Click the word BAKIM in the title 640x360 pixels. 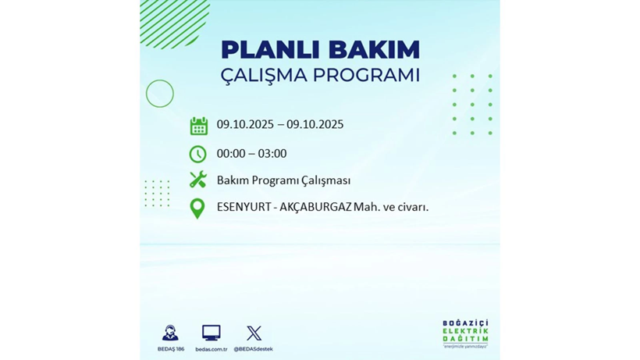(374, 49)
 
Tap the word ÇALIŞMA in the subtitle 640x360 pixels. (265, 76)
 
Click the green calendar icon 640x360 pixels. (198, 126)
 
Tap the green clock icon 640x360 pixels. (198, 154)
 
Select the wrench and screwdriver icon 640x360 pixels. (198, 180)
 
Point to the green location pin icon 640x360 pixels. (197, 208)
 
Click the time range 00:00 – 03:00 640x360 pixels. (251, 154)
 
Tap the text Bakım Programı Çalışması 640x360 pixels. (283, 180)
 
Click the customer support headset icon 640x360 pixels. (170, 333)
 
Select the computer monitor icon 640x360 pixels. (211, 333)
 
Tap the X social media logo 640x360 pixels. (254, 333)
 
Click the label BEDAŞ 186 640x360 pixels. (171, 348)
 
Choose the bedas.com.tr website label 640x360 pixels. (211, 348)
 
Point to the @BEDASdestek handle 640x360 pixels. (254, 348)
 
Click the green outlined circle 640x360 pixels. (160, 94)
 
